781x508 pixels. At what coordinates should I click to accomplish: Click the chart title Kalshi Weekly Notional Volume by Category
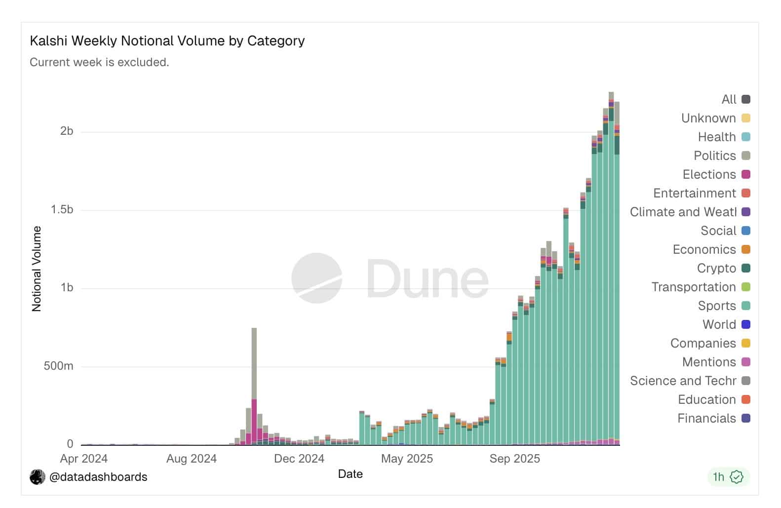(x=167, y=40)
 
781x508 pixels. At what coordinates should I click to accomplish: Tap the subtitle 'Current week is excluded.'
(x=99, y=62)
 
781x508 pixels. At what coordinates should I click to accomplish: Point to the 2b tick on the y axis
(x=67, y=131)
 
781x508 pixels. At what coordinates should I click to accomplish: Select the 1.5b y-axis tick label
(x=62, y=209)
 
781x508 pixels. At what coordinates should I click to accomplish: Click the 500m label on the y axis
(x=58, y=366)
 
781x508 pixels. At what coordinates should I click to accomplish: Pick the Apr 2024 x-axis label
(x=84, y=459)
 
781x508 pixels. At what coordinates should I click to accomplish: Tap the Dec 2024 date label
(x=299, y=459)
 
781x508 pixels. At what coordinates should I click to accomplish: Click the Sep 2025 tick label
(x=514, y=459)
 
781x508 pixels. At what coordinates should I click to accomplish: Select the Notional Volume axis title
(x=37, y=269)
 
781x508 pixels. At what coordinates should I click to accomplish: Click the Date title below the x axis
(x=351, y=474)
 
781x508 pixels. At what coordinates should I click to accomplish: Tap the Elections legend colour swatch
(x=746, y=174)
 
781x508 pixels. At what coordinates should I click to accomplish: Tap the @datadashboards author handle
(x=98, y=477)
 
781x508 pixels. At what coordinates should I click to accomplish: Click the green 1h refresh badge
(x=728, y=477)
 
